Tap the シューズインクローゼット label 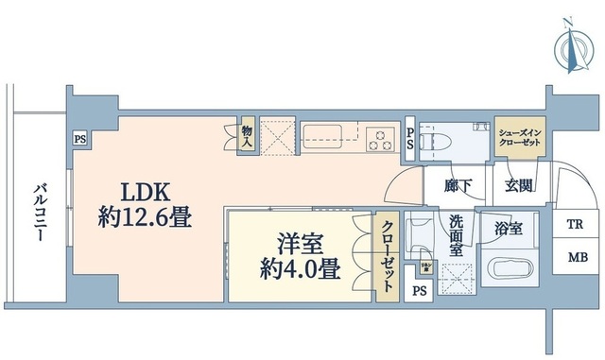[x=519, y=135]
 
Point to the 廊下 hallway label [x=461, y=185]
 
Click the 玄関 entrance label [x=518, y=185]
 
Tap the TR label [x=575, y=225]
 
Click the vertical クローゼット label [x=389, y=257]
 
